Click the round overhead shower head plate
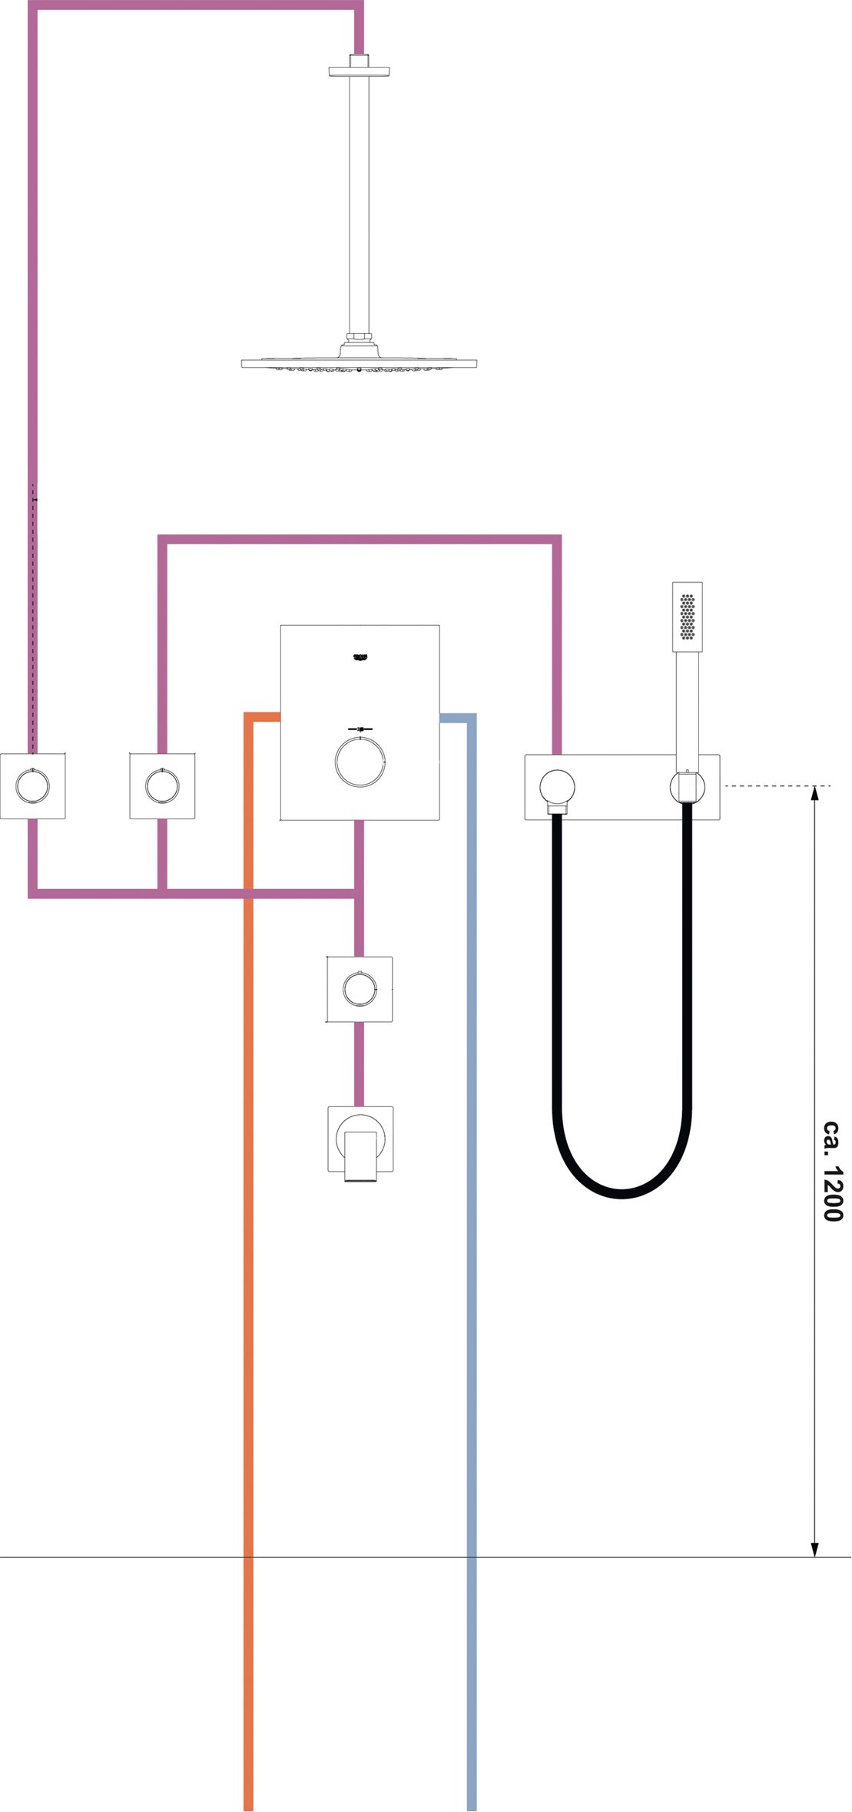click(359, 363)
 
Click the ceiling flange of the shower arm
click(359, 71)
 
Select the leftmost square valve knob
click(32, 786)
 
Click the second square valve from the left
click(162, 786)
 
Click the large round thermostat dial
click(360, 762)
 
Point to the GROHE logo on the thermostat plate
click(360, 656)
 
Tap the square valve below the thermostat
click(360, 989)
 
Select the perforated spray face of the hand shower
click(688, 615)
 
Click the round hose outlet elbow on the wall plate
click(557, 787)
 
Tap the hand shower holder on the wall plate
click(688, 787)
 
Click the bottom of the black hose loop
click(622, 1194)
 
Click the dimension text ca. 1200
click(833, 1171)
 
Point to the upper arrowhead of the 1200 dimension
click(815, 793)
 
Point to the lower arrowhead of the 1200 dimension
click(815, 1549)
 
